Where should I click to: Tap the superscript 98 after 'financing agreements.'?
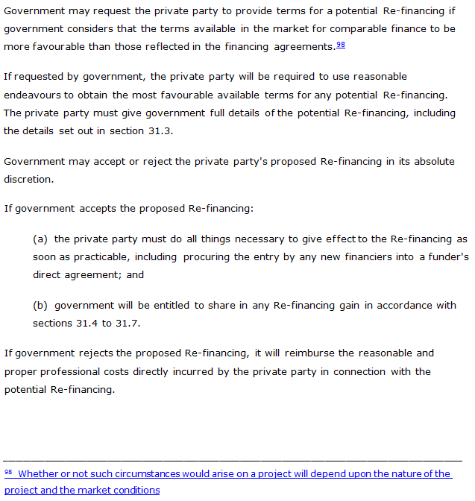(x=340, y=45)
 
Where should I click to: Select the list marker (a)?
(x=40, y=239)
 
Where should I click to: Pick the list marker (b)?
(x=40, y=306)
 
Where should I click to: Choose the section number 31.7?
(x=128, y=324)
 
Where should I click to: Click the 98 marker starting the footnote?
(x=9, y=473)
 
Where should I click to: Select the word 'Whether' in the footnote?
(x=37, y=474)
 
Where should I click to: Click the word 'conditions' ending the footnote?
(x=137, y=491)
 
